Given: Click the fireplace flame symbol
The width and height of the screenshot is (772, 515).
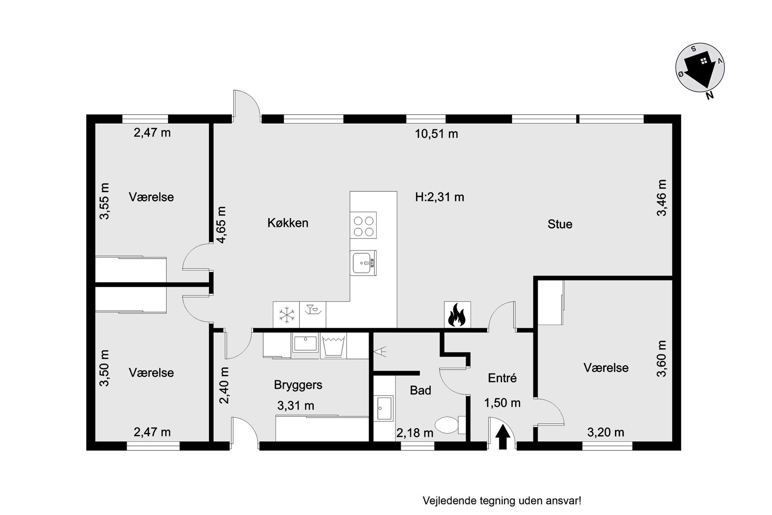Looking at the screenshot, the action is pos(457,315).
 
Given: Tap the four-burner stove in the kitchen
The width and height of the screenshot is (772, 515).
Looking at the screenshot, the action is pos(364,226).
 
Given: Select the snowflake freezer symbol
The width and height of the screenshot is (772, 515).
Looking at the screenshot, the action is pos(287,315).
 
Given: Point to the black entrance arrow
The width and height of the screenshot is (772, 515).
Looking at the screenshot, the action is pos(503,436).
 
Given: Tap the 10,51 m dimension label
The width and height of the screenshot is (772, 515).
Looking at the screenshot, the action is pos(436,134).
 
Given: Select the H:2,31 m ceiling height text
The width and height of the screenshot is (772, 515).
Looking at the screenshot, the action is pos(440,197).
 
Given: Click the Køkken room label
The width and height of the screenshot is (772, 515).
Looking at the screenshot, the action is pos(288,223).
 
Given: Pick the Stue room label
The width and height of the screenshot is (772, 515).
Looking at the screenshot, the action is pos(560,224).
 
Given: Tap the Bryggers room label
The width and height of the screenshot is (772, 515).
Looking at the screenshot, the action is pos(298,385).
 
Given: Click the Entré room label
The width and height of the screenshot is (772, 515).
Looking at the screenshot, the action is pos(502,378).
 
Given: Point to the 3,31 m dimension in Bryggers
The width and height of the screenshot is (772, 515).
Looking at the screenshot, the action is pos(296,405).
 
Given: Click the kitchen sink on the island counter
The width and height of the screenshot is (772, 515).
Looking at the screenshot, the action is pos(364,263).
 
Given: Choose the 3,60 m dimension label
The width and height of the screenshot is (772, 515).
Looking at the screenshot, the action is pos(662,359).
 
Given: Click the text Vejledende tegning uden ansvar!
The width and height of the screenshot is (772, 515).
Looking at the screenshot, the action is pos(502,501).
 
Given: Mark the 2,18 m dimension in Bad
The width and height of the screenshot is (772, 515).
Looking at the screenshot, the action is pos(415,433).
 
